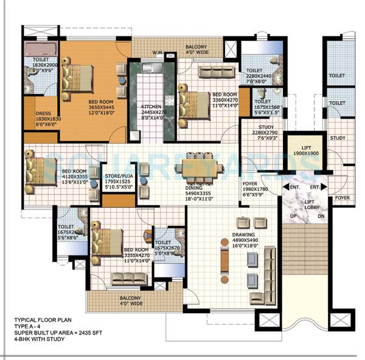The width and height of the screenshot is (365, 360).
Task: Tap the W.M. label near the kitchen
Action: (x=159, y=52)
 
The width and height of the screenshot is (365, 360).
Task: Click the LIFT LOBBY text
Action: (x=308, y=205)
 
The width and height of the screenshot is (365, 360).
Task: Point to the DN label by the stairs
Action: (x=322, y=216)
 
